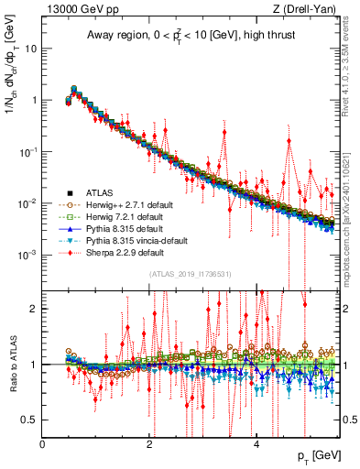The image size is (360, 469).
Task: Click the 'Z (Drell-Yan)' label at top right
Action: tap(309, 9)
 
